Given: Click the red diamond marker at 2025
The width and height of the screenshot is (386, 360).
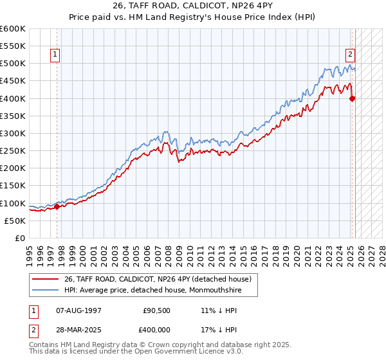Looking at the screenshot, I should (x=353, y=98).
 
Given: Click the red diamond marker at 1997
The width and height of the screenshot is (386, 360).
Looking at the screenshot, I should (x=57, y=206).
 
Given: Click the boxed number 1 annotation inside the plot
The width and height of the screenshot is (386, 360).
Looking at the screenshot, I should (x=56, y=55).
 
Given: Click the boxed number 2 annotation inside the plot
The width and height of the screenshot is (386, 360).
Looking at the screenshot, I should (x=351, y=55).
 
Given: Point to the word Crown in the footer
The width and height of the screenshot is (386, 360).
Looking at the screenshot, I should (x=174, y=345).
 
